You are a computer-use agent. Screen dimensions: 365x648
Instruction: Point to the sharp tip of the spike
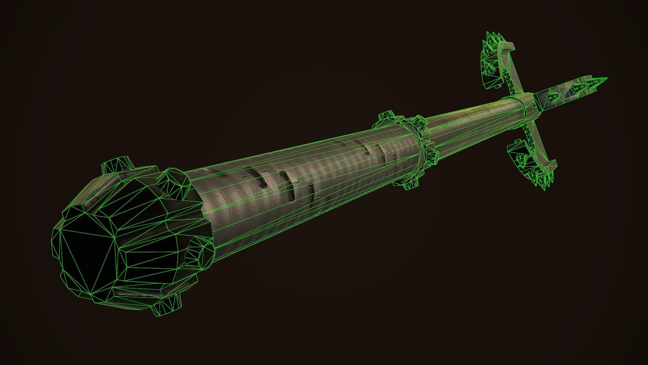[606, 78]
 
